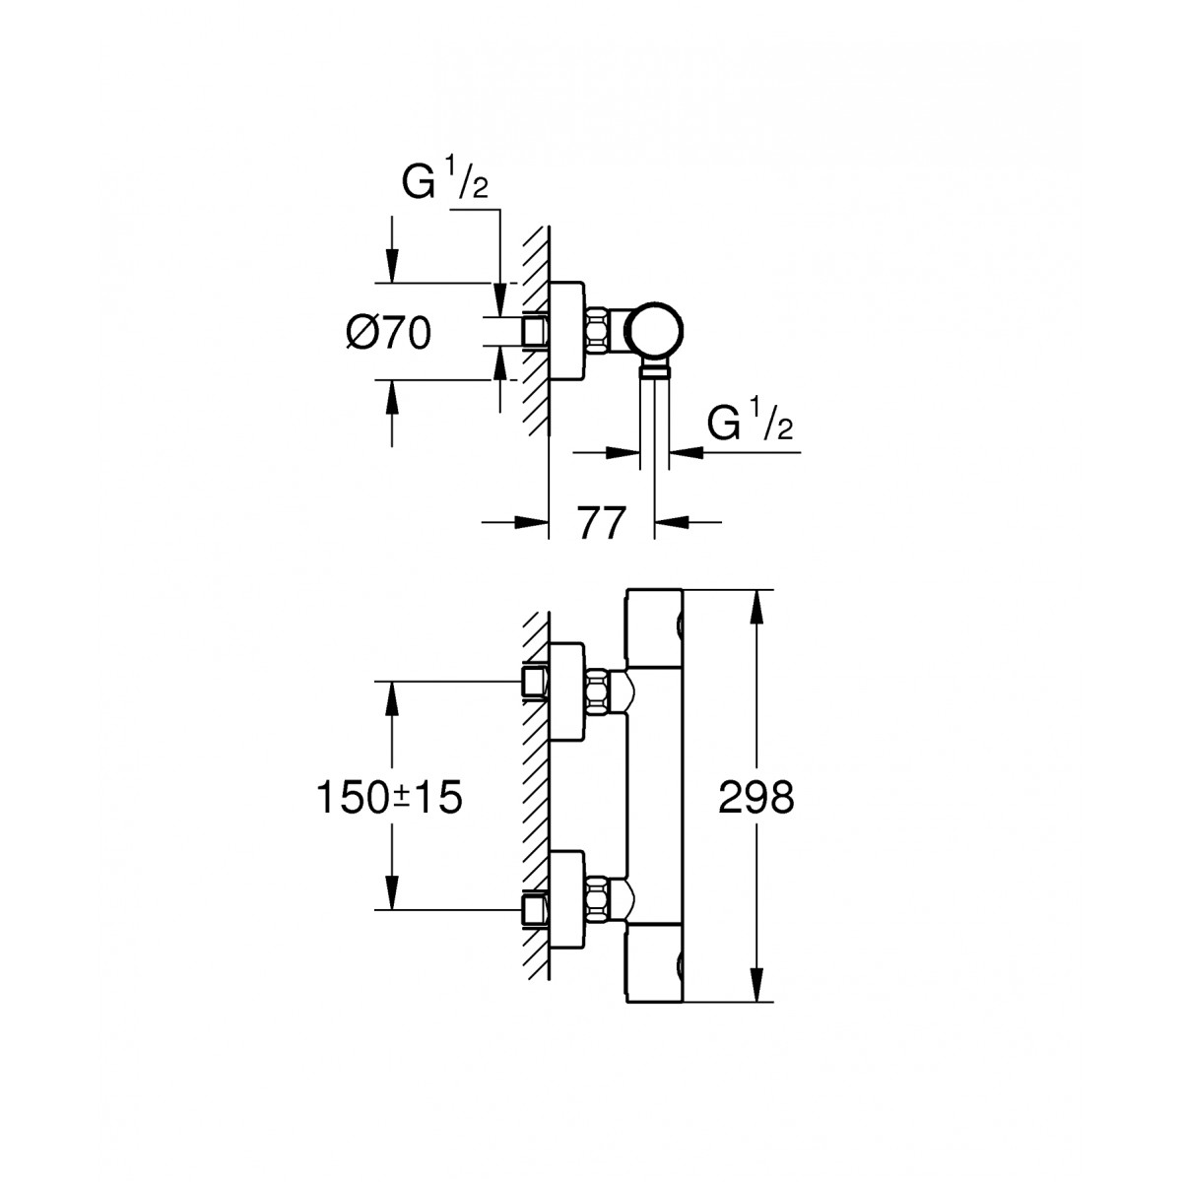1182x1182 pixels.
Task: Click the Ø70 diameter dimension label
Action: [389, 333]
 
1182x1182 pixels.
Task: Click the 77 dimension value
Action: [601, 523]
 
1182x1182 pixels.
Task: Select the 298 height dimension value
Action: [756, 798]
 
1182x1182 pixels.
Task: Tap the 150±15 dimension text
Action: [389, 798]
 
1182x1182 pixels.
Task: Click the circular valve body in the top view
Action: [653, 331]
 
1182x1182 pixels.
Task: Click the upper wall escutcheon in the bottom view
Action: [567, 690]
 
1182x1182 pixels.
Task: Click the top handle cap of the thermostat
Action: [654, 628]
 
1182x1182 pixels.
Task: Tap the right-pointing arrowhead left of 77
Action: [532, 522]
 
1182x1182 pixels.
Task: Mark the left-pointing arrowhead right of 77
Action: [672, 522]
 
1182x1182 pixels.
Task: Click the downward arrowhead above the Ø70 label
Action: [392, 266]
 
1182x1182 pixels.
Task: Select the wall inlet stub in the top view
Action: [534, 332]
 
